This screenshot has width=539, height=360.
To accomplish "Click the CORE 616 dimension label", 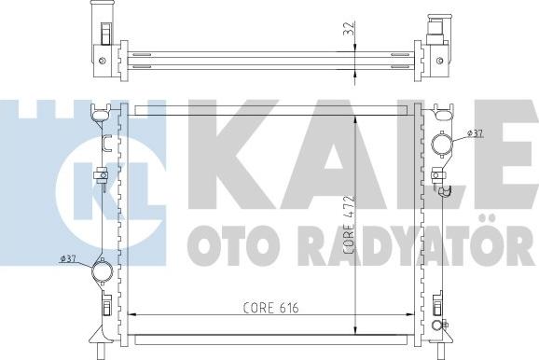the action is coord(270,308).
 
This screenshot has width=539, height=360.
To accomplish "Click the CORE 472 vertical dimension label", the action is coord(349,225).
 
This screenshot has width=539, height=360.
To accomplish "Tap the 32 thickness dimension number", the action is coord(349,28).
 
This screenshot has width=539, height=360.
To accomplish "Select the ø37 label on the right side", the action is coord(476,133).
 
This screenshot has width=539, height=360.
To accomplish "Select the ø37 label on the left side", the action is coord(68,259).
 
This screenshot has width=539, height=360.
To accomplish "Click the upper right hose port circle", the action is coord(442,144).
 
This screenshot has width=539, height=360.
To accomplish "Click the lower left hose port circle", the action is coord(102,270).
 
